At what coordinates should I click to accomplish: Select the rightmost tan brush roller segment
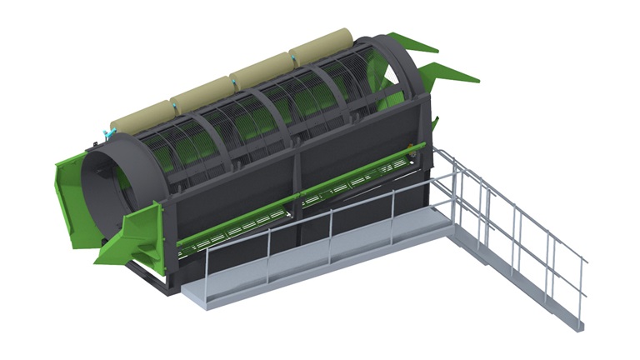point(325,47)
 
